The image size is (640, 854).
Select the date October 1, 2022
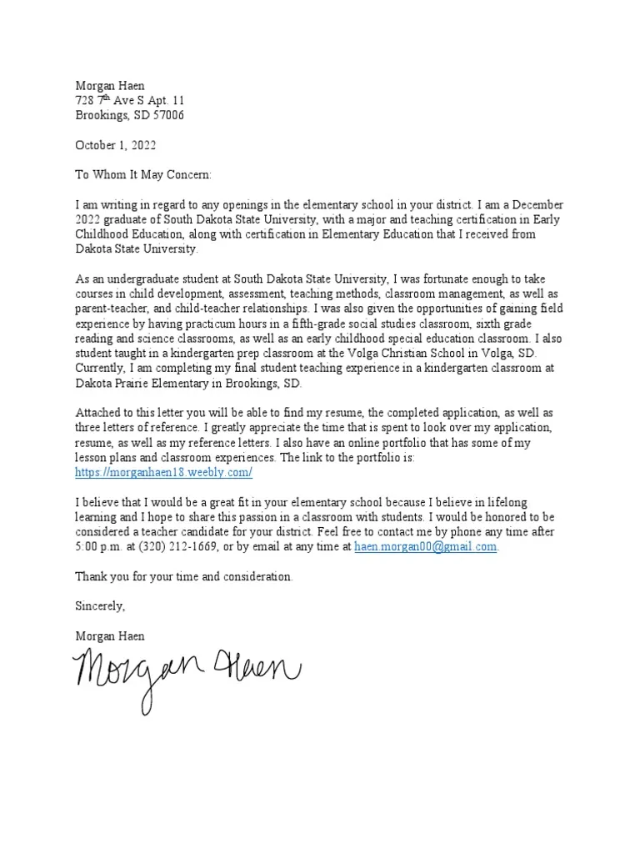pos(115,145)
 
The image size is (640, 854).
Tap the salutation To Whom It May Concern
pos(143,174)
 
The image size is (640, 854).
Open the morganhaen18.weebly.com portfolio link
pos(163,473)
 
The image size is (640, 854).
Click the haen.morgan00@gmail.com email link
pos(425,546)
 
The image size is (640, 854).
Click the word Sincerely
pos(100,605)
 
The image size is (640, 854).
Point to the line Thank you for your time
pos(183,576)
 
